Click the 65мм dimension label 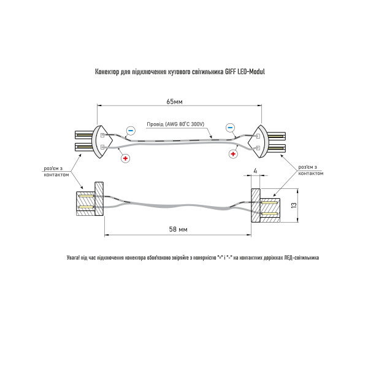[174, 102]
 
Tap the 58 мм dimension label [178, 229]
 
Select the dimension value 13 [294, 205]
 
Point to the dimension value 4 [255, 171]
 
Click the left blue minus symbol [131, 130]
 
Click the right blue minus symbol [230, 128]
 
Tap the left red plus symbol [125, 158]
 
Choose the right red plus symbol [233, 154]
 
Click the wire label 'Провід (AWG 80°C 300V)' [175, 124]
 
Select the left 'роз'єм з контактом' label [56, 172]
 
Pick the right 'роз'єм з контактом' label [311, 170]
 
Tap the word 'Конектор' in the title [107, 72]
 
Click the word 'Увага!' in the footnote [72, 258]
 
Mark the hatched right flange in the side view [256, 205]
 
